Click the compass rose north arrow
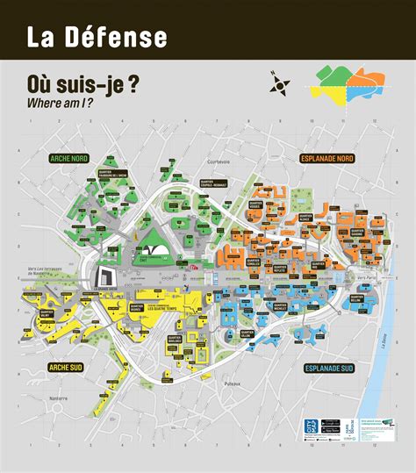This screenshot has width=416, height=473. (x=281, y=83)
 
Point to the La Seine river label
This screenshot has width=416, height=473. (x=388, y=330)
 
